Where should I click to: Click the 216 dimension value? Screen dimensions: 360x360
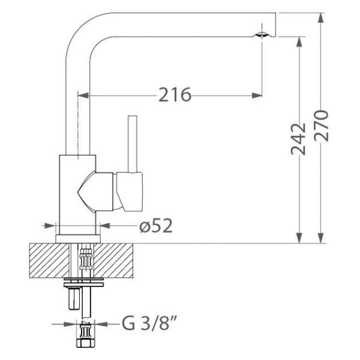pyautogui.click(x=175, y=95)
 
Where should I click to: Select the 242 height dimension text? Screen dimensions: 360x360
pyautogui.click(x=299, y=139)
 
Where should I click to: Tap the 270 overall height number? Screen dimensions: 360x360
pyautogui.click(x=322, y=125)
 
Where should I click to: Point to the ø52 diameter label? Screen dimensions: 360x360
pyautogui.click(x=156, y=226)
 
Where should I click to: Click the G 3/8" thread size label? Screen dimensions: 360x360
pyautogui.click(x=148, y=325)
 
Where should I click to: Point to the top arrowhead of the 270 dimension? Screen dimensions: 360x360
pyautogui.click(x=322, y=17)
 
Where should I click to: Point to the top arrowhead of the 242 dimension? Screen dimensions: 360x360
pyautogui.click(x=299, y=41)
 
